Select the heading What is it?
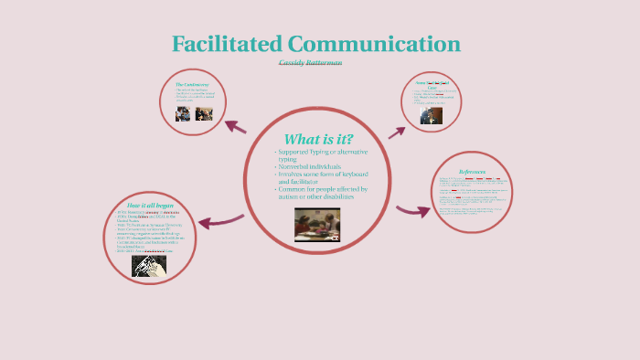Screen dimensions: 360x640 point(319,138)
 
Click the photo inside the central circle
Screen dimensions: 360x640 point(317,223)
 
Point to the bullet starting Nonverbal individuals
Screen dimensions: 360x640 point(314,167)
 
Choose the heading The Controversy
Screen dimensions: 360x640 point(198,85)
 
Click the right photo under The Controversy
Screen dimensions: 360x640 point(204,113)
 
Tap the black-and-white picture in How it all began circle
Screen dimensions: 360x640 point(149,265)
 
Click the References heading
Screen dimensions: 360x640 point(472,172)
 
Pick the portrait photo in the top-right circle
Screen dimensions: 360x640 point(432,115)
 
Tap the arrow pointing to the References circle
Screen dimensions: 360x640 point(412,211)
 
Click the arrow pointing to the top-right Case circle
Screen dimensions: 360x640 point(396,132)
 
